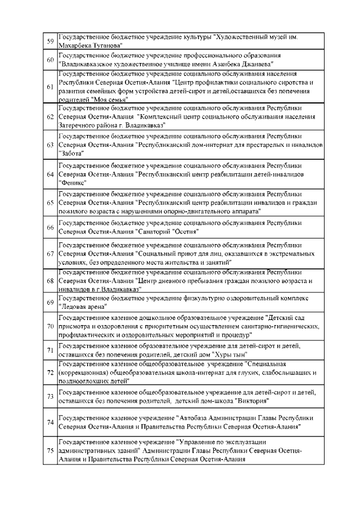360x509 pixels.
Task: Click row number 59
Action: (x=49, y=42)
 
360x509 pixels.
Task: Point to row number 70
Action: (x=49, y=326)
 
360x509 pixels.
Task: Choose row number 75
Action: (x=49, y=451)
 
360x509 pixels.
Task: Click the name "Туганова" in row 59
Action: (x=106, y=46)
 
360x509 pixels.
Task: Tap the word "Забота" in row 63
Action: (x=71, y=154)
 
